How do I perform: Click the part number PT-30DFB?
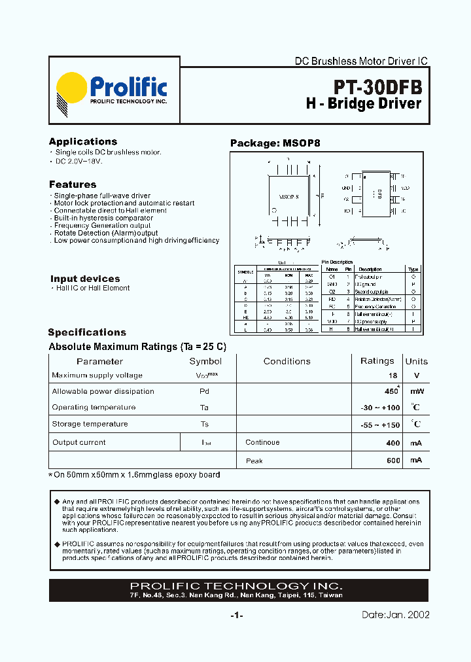(x=377, y=87)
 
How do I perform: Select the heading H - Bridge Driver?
(x=364, y=103)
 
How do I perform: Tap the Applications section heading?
(x=83, y=141)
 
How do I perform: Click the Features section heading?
(x=73, y=184)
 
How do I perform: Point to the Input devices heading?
(x=85, y=279)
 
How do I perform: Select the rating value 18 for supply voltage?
(x=392, y=375)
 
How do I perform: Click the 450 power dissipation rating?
(x=391, y=391)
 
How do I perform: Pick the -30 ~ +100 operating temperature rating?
(x=380, y=408)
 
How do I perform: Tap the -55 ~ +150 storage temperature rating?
(x=380, y=425)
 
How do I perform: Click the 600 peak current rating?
(x=392, y=461)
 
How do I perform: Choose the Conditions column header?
(x=287, y=361)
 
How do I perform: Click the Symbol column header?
(x=205, y=361)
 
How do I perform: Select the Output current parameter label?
(x=78, y=442)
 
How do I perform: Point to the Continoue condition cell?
(x=262, y=442)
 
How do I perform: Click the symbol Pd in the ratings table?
(x=205, y=391)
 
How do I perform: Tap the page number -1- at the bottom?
(x=236, y=616)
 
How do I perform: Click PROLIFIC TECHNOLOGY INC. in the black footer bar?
(x=236, y=585)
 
